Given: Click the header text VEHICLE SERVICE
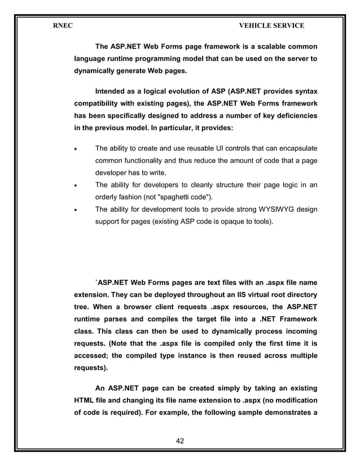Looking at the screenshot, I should coord(271,25).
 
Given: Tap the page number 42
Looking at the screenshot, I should coord(180,440).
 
